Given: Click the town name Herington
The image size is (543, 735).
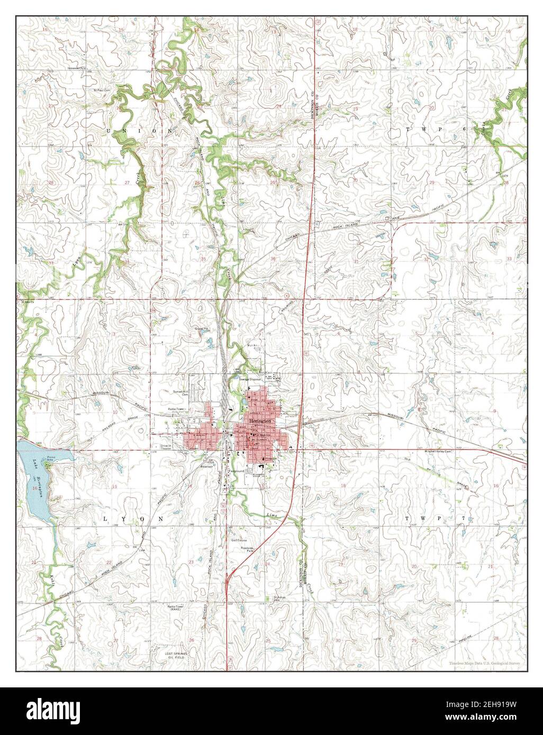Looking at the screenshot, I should (x=264, y=420).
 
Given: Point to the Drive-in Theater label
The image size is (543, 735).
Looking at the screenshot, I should (x=168, y=447).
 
